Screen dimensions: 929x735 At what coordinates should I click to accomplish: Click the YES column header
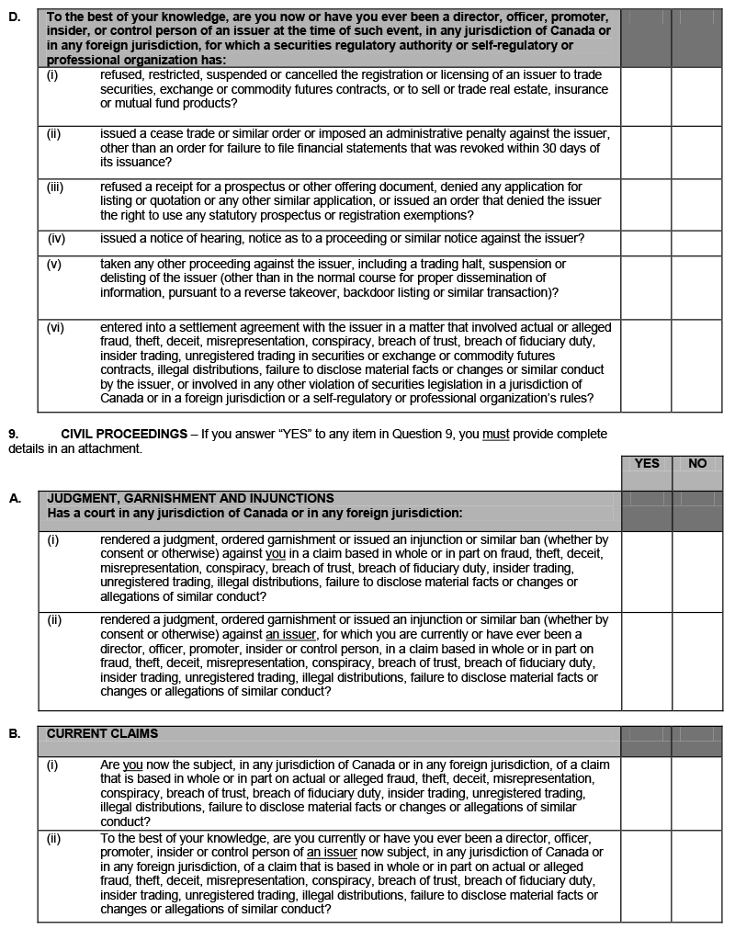coord(647,463)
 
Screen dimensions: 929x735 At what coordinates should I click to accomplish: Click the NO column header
coord(697,463)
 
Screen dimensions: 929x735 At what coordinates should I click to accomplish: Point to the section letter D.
coord(14,17)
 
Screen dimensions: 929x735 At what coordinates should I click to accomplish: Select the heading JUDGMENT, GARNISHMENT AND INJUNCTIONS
coord(190,498)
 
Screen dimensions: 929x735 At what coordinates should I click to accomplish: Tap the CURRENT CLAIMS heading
coord(102,733)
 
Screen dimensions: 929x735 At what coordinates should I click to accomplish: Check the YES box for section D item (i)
coord(646,96)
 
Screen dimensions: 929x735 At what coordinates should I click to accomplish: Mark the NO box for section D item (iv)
coord(697,243)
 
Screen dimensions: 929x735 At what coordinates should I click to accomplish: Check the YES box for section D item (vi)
coord(646,365)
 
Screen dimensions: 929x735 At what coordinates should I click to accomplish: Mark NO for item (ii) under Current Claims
coord(697,876)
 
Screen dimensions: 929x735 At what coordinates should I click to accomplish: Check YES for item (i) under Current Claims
coord(646,793)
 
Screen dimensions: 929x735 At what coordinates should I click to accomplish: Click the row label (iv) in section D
coord(56,238)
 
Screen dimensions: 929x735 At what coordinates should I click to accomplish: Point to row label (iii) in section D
coord(55,187)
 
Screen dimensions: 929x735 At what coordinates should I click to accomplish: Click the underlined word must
coord(496,434)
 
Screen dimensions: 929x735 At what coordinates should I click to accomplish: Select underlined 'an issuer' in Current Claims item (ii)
coord(333,853)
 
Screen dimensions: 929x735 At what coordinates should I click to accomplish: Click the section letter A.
coord(14,498)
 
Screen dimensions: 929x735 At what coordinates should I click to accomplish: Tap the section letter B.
coord(14,733)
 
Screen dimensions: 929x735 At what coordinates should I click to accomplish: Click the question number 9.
coord(13,434)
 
